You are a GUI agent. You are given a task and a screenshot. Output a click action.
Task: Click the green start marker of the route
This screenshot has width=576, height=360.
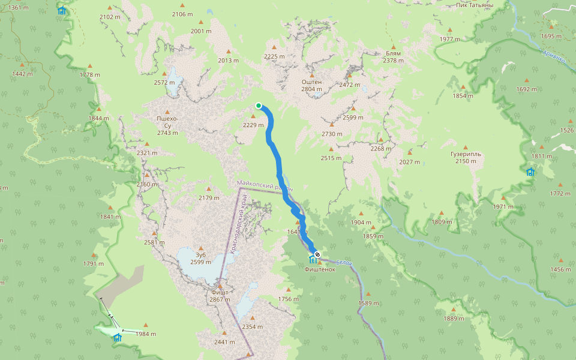pyautogui.click(x=259, y=106)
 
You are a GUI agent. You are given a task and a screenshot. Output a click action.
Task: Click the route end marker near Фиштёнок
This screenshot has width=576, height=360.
pyautogui.click(x=317, y=255)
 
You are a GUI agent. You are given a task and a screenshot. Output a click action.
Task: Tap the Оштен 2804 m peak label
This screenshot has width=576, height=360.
pyautogui.click(x=311, y=85)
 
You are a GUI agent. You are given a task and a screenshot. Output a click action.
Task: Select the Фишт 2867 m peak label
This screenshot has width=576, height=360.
pyautogui.click(x=220, y=296)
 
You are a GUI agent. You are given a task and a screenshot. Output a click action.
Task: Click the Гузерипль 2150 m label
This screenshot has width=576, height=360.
pyautogui.click(x=466, y=157)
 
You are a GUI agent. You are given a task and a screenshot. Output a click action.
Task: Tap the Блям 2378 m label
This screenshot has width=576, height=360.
pyautogui.click(x=393, y=57)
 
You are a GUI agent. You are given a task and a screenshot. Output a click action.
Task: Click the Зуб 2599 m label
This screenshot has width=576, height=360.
pyautogui.click(x=200, y=259)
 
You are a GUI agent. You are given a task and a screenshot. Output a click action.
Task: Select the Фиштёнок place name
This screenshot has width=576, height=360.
pyautogui.click(x=319, y=269)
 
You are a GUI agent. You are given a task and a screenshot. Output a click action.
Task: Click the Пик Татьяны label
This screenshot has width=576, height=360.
pyautogui.click(x=474, y=5)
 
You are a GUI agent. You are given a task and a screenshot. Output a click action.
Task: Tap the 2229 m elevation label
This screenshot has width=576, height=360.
pyautogui.click(x=253, y=125)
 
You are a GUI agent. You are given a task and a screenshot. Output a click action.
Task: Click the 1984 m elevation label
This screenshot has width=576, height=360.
pyautogui.click(x=146, y=334)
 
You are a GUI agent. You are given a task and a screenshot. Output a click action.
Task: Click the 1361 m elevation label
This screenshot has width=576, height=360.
pyautogui.click(x=19, y=7)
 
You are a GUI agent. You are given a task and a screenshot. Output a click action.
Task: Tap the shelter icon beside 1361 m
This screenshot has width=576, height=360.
pyautogui.click(x=62, y=10)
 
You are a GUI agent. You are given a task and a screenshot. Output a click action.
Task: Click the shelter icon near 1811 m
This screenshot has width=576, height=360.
pyautogui.click(x=530, y=172)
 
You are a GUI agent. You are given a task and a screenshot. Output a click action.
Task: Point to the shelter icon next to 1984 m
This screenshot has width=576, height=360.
pyautogui.click(x=118, y=338)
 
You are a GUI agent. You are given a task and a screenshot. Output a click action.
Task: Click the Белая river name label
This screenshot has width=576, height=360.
pyautogui.click(x=343, y=262)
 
